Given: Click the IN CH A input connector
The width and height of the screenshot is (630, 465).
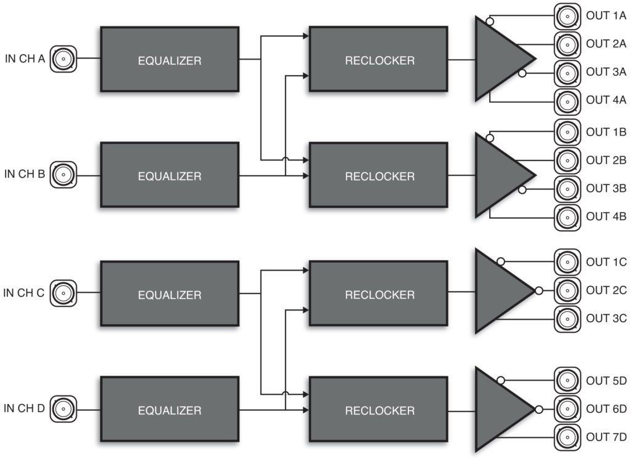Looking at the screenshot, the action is [63, 59].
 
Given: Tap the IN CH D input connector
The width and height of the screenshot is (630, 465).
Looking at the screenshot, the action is [63, 409].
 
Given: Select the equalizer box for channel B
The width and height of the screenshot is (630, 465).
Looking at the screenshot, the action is [170, 175].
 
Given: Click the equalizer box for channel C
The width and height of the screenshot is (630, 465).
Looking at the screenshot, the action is [170, 293].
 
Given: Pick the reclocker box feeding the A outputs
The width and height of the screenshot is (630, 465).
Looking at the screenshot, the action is [378, 59].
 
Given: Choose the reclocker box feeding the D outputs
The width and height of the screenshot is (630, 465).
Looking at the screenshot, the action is [378, 409].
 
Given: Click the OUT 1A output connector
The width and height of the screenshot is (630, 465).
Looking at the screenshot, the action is [567, 17].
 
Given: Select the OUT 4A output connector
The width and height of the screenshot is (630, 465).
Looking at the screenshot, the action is [567, 101].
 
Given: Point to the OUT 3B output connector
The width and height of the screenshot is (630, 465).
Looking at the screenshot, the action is [567, 189].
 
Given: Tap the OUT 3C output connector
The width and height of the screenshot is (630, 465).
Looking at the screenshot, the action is [567, 319].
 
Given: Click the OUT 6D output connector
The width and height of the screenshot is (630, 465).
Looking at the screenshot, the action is [567, 409].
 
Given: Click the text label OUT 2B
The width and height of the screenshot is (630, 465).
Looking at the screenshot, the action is [606, 160].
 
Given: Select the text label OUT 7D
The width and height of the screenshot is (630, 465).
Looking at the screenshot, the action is [606, 437].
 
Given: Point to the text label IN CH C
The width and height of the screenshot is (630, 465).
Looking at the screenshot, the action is [24, 293].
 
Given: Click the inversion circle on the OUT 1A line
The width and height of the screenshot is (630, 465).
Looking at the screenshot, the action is [490, 22].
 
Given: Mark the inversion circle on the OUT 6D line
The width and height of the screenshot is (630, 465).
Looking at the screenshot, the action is [539, 410].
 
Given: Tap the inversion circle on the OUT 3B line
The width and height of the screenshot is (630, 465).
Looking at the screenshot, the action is [522, 189].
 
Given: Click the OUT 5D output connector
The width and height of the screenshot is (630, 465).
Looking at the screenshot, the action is [567, 380].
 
